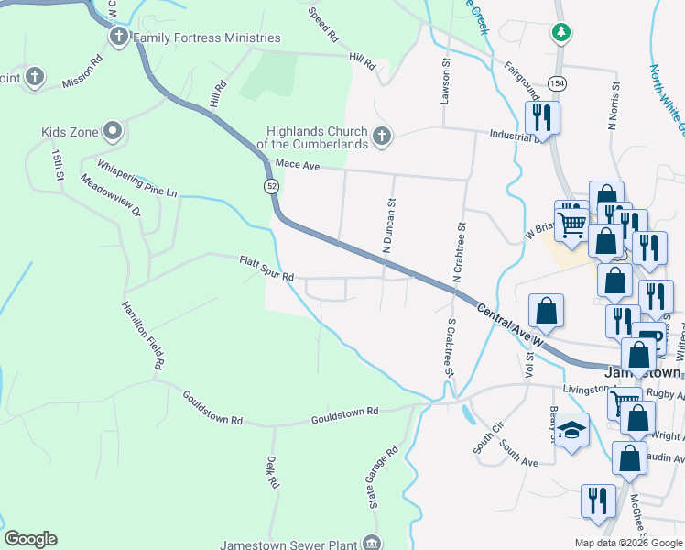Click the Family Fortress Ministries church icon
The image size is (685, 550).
118,38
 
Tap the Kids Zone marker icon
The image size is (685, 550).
113,132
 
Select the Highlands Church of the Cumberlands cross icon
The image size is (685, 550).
382,137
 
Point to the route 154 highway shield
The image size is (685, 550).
556,83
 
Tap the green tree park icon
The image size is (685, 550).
562,33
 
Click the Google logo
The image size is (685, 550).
30,539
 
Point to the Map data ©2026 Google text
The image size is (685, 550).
627,543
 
